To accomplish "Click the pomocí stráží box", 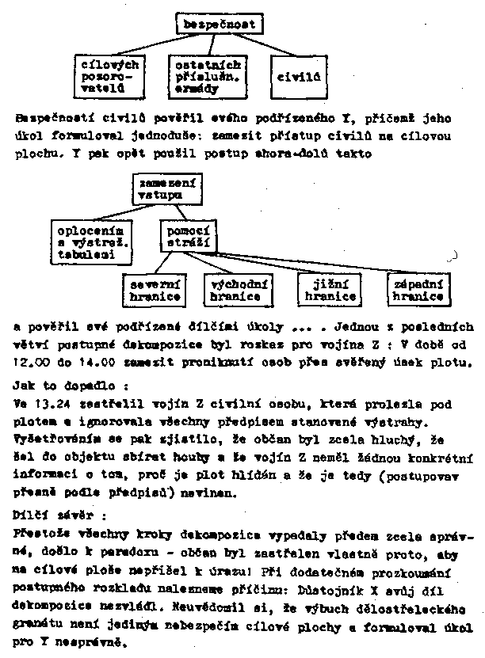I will tap(188, 237).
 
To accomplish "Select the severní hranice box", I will tap(155, 289).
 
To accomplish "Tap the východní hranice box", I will tap(236, 289).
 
